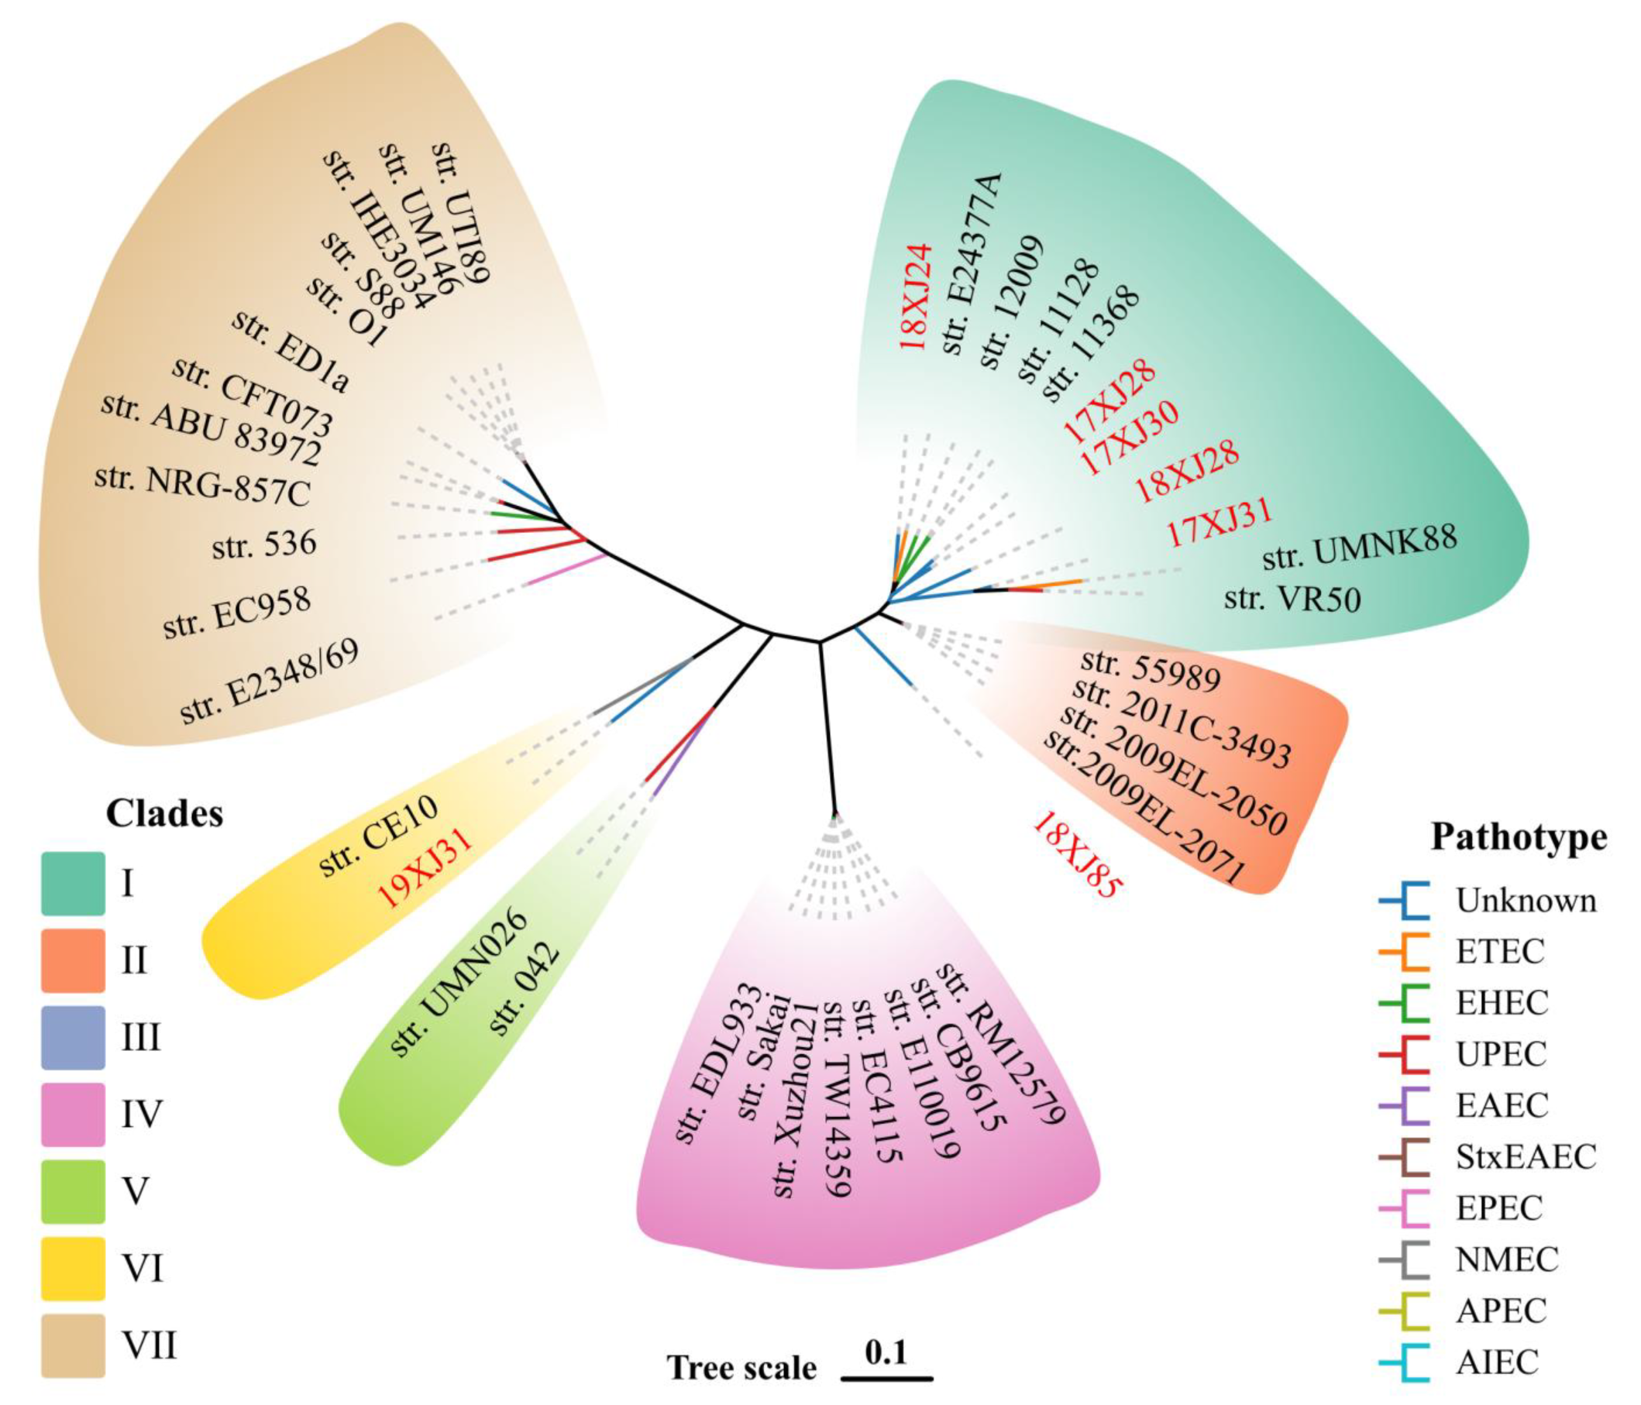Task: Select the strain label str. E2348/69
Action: [270, 682]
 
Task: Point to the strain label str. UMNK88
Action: [1359, 545]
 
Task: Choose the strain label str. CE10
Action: [378, 836]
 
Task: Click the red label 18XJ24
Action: [917, 296]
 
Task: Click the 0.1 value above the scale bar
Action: [886, 1353]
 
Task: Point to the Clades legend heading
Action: [165, 813]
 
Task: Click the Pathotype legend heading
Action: [1519, 836]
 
